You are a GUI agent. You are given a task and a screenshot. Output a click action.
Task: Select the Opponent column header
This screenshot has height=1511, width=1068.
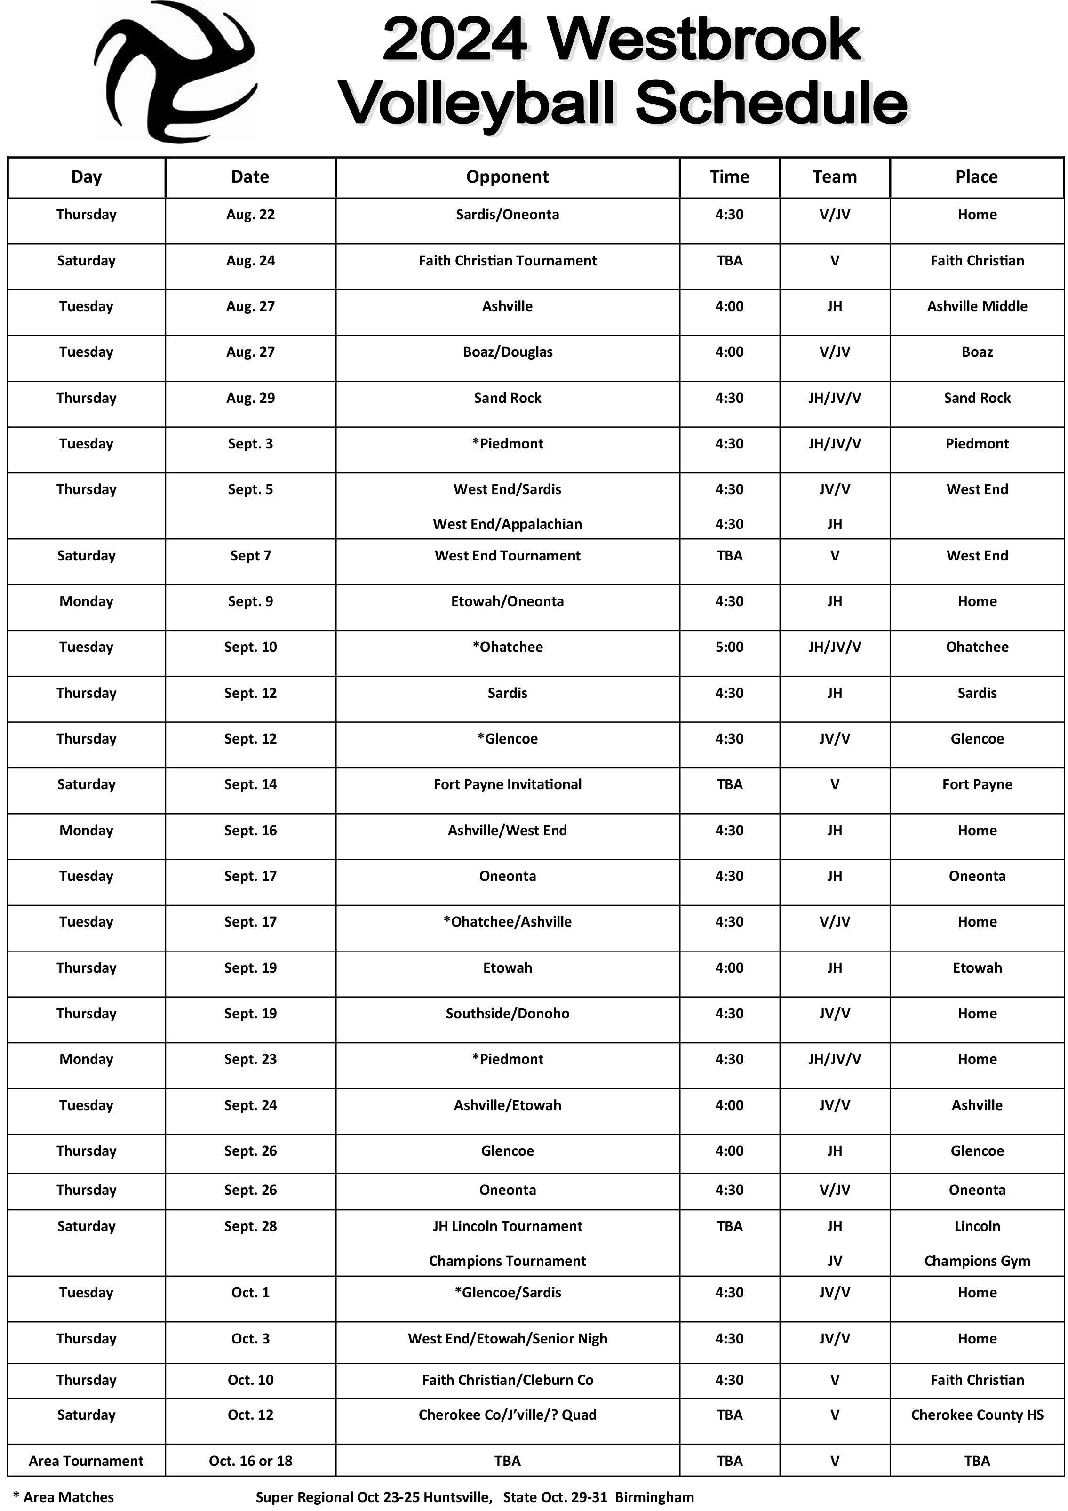[x=507, y=177]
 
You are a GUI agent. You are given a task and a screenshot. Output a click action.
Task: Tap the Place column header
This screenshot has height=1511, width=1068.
[x=977, y=177]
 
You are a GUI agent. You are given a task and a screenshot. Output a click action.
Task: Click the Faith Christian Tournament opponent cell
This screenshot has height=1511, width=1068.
[x=507, y=261]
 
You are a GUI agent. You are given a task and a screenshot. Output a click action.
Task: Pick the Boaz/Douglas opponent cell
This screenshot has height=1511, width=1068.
[x=507, y=352]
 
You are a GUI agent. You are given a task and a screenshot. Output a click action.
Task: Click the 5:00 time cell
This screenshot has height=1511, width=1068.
[x=729, y=647]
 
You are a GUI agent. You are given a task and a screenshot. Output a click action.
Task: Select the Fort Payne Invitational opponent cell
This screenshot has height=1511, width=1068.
[x=507, y=784]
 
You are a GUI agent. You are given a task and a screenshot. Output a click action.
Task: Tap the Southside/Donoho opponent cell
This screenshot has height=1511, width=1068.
[x=507, y=1014]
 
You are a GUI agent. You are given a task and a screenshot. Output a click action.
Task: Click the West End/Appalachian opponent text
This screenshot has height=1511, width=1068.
[x=507, y=525]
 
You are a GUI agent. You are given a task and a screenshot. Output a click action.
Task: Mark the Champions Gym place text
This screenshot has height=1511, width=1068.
[x=977, y=1261]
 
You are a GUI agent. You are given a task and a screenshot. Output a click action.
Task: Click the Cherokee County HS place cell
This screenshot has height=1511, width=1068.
[x=977, y=1415]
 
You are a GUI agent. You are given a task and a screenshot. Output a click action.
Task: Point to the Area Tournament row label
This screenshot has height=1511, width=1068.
[x=86, y=1461]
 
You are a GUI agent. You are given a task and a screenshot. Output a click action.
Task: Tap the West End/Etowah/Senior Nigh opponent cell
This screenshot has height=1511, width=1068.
[x=507, y=1339]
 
